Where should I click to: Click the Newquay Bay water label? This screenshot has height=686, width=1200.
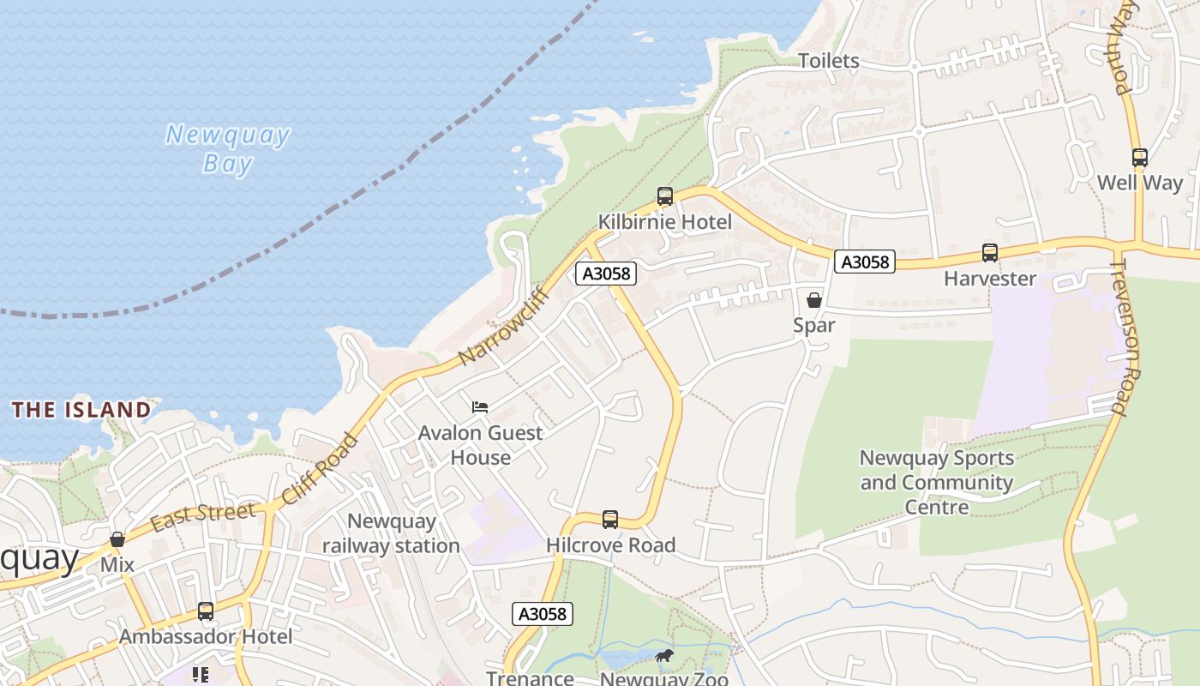pyautogui.click(x=227, y=148)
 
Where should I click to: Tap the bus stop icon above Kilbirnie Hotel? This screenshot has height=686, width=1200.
pyautogui.click(x=665, y=196)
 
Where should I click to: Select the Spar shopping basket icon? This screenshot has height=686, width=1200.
pyautogui.click(x=814, y=300)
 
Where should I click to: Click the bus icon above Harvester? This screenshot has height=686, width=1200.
pyautogui.click(x=990, y=253)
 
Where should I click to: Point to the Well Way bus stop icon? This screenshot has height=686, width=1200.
pyautogui.click(x=1139, y=158)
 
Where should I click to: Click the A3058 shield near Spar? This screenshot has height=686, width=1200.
pyautogui.click(x=864, y=262)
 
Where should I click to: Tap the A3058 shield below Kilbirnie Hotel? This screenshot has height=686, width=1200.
pyautogui.click(x=606, y=274)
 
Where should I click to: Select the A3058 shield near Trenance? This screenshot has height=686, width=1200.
pyautogui.click(x=543, y=613)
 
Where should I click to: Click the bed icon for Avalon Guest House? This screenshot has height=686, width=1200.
pyautogui.click(x=480, y=406)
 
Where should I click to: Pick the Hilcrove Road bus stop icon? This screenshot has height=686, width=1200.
pyautogui.click(x=610, y=519)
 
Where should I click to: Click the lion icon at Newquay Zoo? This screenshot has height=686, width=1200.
pyautogui.click(x=664, y=657)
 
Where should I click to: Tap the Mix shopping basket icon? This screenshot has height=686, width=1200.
pyautogui.click(x=117, y=540)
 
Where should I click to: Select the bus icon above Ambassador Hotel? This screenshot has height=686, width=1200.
pyautogui.click(x=206, y=611)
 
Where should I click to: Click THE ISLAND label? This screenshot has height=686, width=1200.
pyautogui.click(x=81, y=410)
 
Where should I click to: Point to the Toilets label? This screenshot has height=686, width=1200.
pyautogui.click(x=828, y=61)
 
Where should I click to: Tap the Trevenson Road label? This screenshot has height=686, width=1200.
pyautogui.click(x=1131, y=339)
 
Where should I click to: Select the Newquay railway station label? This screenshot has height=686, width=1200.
pyautogui.click(x=391, y=533)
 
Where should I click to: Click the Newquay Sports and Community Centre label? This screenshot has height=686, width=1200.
pyautogui.click(x=936, y=482)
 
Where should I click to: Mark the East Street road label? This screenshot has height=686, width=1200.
pyautogui.click(x=202, y=517)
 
